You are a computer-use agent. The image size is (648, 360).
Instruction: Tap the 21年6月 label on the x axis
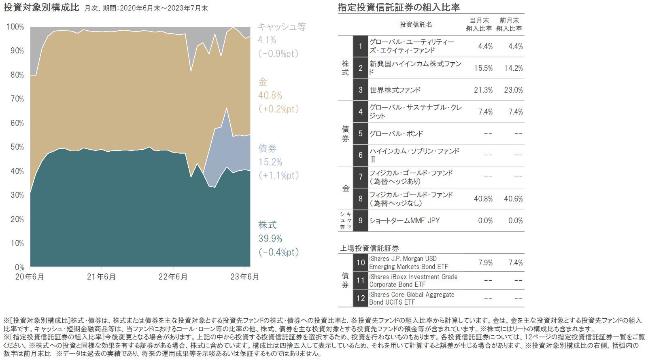pyautogui.click(x=102, y=277)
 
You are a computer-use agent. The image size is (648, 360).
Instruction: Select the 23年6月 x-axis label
pyautogui.click(x=244, y=277)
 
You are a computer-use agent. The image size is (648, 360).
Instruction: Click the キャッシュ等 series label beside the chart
pyautogui.click(x=282, y=27)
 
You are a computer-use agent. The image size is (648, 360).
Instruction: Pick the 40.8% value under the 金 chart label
pyautogui.click(x=270, y=95)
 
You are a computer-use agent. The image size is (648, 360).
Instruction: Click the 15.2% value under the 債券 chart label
pyautogui.click(x=270, y=162)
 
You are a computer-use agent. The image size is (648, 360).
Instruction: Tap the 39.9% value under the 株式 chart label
pyautogui.click(x=270, y=239)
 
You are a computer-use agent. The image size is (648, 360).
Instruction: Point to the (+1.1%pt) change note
pyautogui.click(x=278, y=176)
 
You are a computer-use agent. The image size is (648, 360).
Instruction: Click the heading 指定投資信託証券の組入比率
pyautogui.click(x=399, y=7)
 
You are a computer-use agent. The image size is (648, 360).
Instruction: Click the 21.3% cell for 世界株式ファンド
pyautogui.click(x=483, y=90)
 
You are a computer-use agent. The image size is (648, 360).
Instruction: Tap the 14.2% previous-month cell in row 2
pyautogui.click(x=513, y=68)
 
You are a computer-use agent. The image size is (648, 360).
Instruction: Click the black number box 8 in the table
pyautogui.click(x=360, y=199)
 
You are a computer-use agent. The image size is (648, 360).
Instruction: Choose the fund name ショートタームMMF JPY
pyautogui.click(x=404, y=221)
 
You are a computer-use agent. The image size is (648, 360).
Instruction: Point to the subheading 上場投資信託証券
pyautogui.click(x=369, y=248)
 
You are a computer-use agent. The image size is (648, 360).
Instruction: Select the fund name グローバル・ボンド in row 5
pyautogui.click(x=396, y=134)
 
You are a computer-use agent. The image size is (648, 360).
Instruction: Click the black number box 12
pyautogui.click(x=360, y=299)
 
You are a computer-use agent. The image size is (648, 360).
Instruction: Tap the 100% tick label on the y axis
pyautogui.click(x=15, y=27)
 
